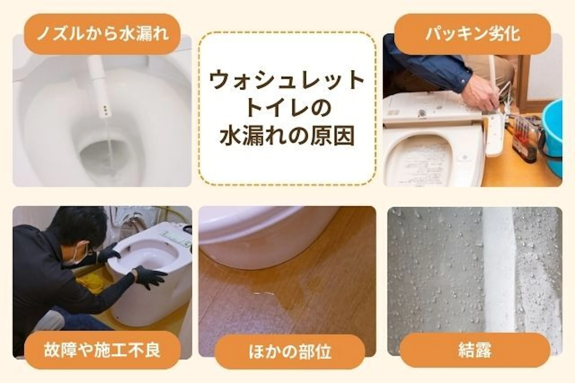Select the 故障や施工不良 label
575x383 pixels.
tap(102, 349)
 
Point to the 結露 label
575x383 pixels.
tap(475, 350)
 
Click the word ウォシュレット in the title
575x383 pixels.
tap(287, 80)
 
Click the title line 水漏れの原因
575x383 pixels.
tap(287, 135)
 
